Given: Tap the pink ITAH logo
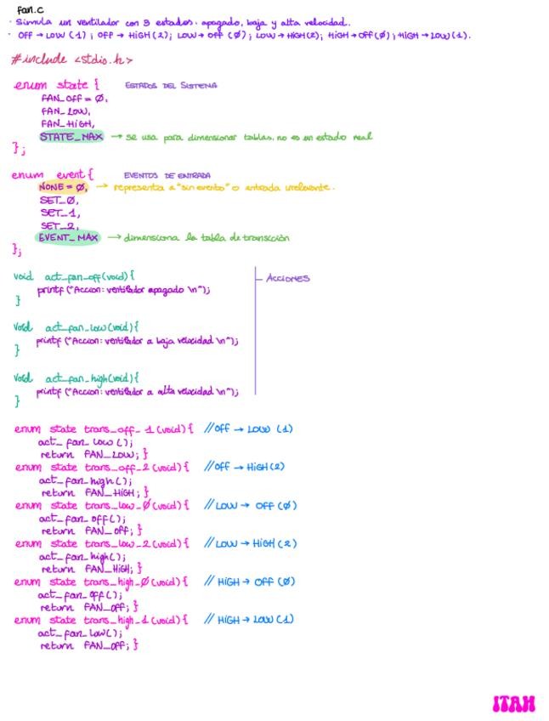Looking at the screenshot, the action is (514, 703).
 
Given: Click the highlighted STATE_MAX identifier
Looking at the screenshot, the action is (71, 136).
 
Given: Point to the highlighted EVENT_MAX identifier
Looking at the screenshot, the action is (68, 237).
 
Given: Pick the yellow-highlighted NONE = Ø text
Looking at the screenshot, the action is (62, 187).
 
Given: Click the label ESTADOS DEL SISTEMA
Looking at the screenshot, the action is (170, 85).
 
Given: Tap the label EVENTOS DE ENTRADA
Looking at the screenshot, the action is (167, 175).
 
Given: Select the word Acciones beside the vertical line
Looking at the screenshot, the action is (287, 278).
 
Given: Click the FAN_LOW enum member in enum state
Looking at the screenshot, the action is (65, 111).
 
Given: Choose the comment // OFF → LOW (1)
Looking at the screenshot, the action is (248, 429).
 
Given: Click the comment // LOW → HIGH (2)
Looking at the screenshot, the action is (251, 543).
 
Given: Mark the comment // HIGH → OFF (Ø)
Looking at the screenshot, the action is (250, 582).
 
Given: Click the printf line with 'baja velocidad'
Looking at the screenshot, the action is (137, 341).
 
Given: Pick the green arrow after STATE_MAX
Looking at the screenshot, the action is (116, 136).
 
